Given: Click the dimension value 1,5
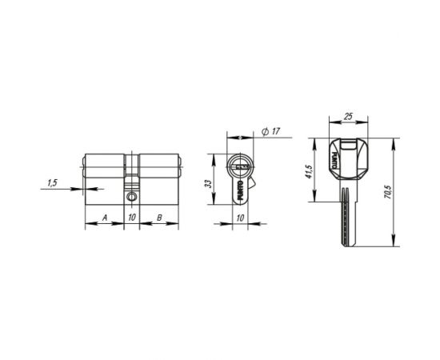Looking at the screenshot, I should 53,183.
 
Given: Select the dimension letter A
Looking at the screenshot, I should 105,218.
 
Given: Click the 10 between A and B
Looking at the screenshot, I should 132,218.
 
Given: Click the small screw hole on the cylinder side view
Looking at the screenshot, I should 132,194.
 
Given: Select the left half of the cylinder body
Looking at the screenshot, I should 106,170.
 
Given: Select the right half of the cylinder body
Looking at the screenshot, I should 160,170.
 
